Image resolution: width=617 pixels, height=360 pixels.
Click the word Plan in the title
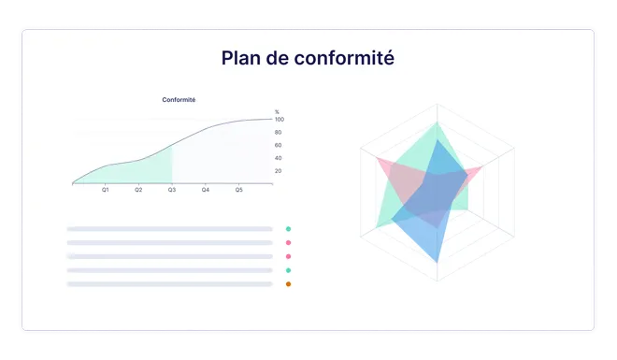(x=241, y=58)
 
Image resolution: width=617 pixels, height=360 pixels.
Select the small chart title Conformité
(x=179, y=100)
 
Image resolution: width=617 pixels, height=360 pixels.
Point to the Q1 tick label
(x=106, y=190)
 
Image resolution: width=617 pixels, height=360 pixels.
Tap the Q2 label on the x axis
(x=138, y=190)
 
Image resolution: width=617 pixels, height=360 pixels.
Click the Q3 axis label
(x=172, y=190)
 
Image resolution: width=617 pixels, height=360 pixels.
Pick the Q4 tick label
(x=206, y=190)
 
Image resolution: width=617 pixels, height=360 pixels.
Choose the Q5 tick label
(x=238, y=190)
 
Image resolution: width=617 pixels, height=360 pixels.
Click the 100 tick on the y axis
(x=279, y=120)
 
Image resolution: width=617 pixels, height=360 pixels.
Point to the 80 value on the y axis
(x=278, y=132)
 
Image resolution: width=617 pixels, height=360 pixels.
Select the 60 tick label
(x=278, y=145)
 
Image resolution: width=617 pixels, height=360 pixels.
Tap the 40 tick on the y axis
(x=278, y=158)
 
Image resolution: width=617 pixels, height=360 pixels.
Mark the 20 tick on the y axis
(x=278, y=171)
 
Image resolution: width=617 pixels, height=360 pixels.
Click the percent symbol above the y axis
(x=277, y=112)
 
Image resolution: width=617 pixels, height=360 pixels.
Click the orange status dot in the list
(x=288, y=283)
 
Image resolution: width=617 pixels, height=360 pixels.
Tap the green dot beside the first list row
(x=288, y=228)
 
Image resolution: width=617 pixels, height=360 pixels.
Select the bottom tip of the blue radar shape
(x=437, y=264)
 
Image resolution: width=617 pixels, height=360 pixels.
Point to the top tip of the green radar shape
(x=437, y=122)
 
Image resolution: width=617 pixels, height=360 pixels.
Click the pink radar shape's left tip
(x=379, y=160)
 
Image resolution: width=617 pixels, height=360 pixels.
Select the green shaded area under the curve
(x=150, y=171)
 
